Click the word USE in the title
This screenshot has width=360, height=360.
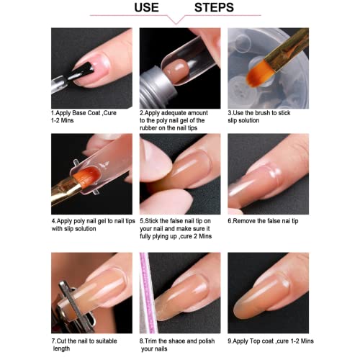(146, 7)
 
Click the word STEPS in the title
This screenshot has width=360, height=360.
(214, 7)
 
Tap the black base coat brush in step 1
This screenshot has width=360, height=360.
(81, 71)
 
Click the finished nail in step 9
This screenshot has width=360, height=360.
(261, 297)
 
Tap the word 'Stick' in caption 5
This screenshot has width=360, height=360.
(151, 221)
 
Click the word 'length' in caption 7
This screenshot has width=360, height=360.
(61, 348)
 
